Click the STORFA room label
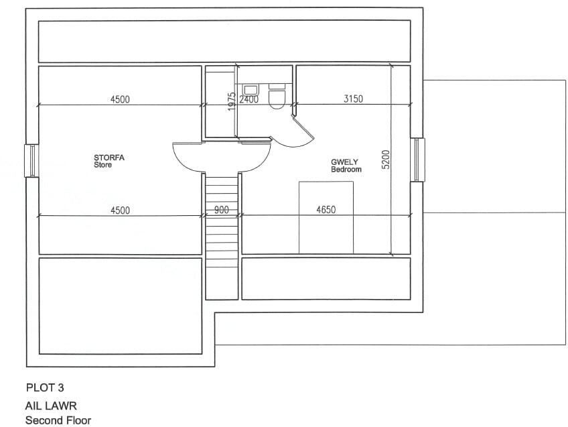click(109, 158)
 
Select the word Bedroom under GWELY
click(346, 170)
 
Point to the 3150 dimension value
click(353, 99)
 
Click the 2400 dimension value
click(248, 99)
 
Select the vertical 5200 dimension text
click(385, 160)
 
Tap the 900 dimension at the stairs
click(222, 210)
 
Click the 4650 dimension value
click(326, 210)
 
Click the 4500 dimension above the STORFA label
click(120, 99)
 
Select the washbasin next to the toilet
click(252, 88)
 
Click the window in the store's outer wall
click(31, 160)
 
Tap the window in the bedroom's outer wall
click(417, 160)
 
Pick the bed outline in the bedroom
click(326, 217)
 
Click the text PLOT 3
click(45, 387)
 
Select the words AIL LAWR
click(51, 406)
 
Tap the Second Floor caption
click(58, 420)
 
